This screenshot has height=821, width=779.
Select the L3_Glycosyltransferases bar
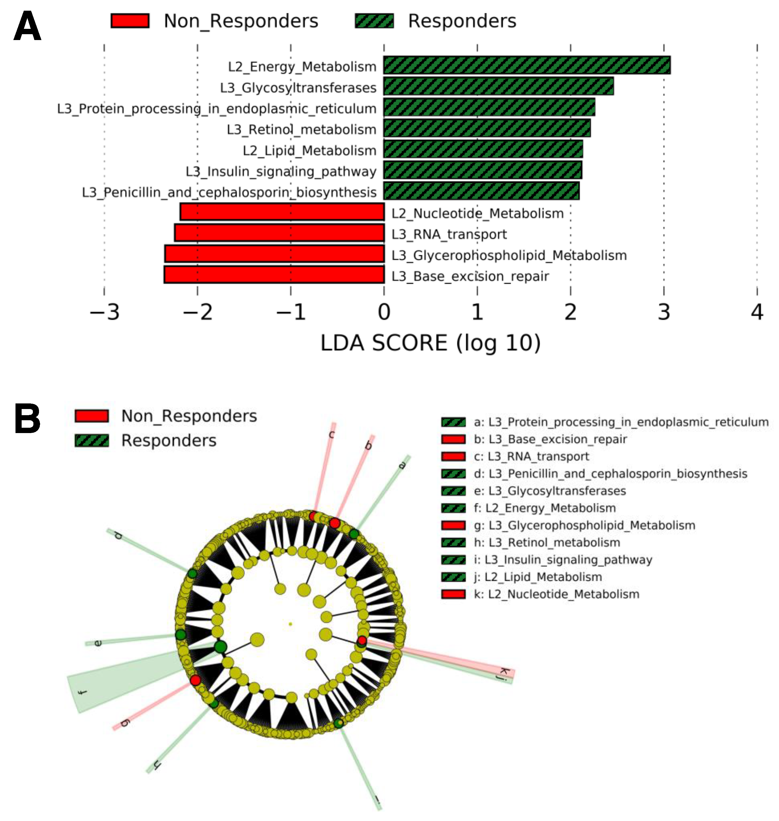(x=498, y=86)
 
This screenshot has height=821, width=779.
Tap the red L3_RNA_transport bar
(x=279, y=233)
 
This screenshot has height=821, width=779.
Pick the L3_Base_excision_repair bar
(x=274, y=275)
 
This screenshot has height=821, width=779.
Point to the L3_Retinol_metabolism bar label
(x=301, y=129)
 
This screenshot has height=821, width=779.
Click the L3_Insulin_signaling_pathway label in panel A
(x=281, y=171)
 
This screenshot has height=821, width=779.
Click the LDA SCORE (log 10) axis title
(x=430, y=343)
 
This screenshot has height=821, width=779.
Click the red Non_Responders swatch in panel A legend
(x=130, y=21)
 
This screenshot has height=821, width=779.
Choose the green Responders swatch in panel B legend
(x=92, y=440)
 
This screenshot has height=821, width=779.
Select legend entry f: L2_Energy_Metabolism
(x=545, y=508)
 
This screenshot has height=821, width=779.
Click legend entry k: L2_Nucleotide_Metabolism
(x=556, y=594)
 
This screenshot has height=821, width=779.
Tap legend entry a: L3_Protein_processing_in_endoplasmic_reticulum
(x=621, y=422)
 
